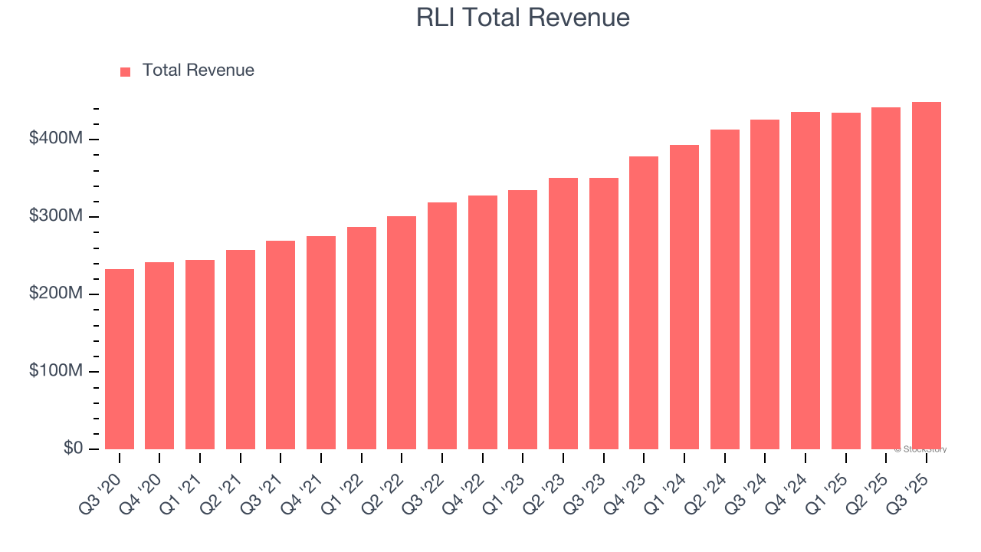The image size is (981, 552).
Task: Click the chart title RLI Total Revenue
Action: (x=523, y=17)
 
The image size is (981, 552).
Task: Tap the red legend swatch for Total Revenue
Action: (x=126, y=71)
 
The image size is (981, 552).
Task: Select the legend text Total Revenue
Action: (x=198, y=71)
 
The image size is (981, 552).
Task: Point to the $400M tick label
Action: (x=57, y=139)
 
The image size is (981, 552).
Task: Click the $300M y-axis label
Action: (x=57, y=216)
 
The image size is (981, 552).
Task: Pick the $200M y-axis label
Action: (x=57, y=294)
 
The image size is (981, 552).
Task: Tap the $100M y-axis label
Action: (x=57, y=371)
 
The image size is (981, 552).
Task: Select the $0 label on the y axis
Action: (x=74, y=449)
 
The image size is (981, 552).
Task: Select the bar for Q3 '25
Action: (x=926, y=276)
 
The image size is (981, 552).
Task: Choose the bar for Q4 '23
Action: (x=644, y=303)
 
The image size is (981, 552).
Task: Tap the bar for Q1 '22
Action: (x=361, y=338)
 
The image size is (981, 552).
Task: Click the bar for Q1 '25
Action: (x=845, y=281)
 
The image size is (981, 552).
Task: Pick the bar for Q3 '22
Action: (x=442, y=326)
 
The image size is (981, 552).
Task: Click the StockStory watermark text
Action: (x=920, y=449)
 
